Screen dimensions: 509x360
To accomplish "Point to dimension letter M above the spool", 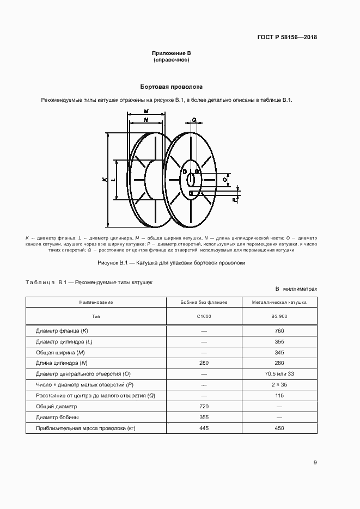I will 147,111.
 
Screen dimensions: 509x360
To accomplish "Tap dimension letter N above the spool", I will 146,119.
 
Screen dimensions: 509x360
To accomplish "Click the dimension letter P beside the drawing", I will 234,200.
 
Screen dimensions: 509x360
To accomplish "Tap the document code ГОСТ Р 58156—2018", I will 286,38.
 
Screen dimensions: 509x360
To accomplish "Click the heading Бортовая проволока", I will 171,87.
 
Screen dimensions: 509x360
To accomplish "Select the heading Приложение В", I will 171,53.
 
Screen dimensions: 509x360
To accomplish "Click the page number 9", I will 315,463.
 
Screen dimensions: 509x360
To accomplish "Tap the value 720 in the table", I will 204,406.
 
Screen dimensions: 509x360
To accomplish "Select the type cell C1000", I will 204,316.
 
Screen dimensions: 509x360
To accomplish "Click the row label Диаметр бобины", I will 57,417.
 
